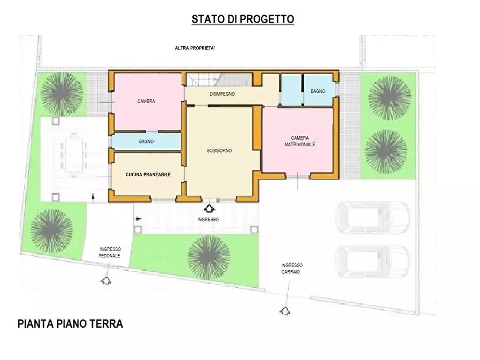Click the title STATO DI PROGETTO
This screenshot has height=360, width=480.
(242, 19)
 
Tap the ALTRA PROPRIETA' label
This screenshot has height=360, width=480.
(195, 48)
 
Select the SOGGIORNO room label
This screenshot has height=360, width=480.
(219, 151)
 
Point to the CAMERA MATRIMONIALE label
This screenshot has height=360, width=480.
(299, 141)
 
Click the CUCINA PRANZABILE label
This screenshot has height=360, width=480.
(148, 175)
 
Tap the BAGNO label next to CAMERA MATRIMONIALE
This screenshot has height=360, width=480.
(318, 91)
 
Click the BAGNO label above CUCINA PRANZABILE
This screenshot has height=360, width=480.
(146, 142)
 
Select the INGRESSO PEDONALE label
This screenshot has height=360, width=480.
(110, 253)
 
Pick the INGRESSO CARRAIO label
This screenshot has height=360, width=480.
(292, 269)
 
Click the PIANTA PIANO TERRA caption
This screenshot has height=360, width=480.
(70, 324)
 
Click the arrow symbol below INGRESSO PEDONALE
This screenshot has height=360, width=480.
(106, 280)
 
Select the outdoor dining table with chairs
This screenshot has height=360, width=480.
(71, 155)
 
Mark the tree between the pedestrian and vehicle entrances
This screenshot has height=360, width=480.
(209, 256)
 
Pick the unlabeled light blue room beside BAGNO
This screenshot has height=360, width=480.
(291, 90)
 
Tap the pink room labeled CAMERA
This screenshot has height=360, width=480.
(147, 102)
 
